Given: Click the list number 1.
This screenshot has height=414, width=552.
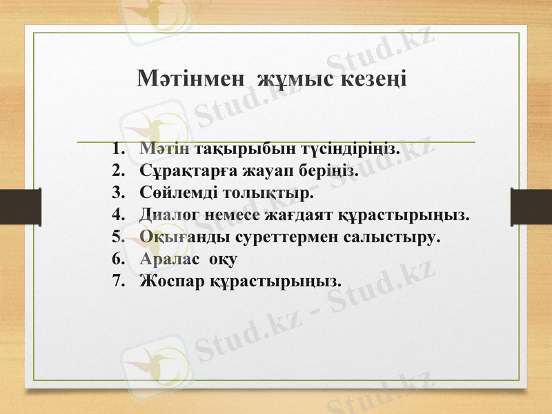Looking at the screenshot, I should [117, 149].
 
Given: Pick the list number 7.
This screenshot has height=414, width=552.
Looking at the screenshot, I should [117, 281].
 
